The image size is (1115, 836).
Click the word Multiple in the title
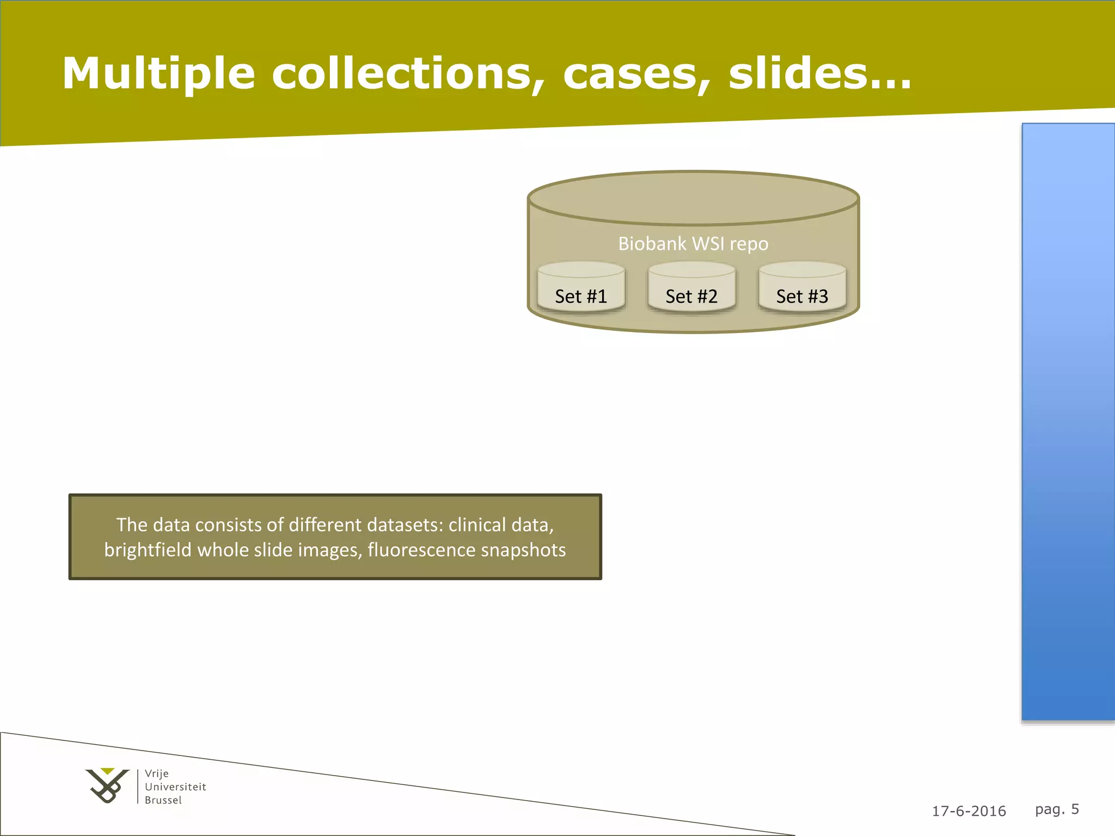(x=158, y=74)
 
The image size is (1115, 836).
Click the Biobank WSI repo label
(x=693, y=244)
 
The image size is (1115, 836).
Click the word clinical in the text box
(x=477, y=525)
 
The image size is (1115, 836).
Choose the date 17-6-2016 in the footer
(x=969, y=811)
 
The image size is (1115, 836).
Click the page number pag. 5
(x=1057, y=809)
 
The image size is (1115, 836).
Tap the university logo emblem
(x=107, y=785)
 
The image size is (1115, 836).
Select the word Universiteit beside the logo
(x=175, y=787)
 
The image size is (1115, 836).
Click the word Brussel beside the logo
(x=163, y=800)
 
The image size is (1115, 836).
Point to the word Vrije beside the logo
(x=157, y=773)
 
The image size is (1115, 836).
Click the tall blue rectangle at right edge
(x=1068, y=422)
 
